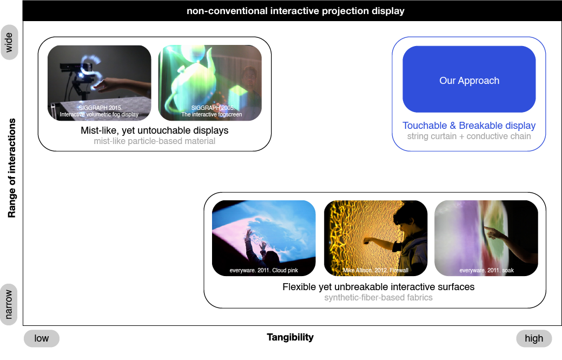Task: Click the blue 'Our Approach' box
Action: pos(469,79)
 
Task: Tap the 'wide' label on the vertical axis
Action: pos(9,42)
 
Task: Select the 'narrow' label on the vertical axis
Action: pos(9,304)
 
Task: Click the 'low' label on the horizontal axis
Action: pos(42,338)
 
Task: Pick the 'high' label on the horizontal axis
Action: pos(534,338)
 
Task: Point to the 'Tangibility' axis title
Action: pos(290,337)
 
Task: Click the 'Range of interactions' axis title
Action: pos(12,168)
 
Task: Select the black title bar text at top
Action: pos(296,11)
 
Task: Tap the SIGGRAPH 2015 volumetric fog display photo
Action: pos(100,83)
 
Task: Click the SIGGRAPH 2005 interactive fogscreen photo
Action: pos(210,83)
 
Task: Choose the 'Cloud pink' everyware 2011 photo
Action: pos(264,238)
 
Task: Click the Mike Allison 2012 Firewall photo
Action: pos(375,238)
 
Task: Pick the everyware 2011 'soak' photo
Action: pos(486,238)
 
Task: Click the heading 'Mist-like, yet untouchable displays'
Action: pos(155,130)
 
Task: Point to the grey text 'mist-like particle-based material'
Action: pos(155,141)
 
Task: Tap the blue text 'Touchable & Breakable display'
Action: pos(469,126)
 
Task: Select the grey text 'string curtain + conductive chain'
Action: pos(469,136)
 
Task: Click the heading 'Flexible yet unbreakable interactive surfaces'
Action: pos(379,287)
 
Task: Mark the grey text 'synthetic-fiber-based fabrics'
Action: pos(379,298)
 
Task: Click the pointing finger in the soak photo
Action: pos(487,228)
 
